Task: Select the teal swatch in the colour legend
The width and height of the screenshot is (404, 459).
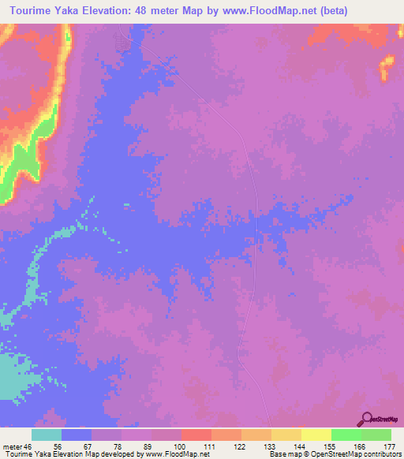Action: [47, 435]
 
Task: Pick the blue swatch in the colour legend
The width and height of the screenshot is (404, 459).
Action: [77, 435]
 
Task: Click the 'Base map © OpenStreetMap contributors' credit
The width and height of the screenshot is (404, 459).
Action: [335, 455]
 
